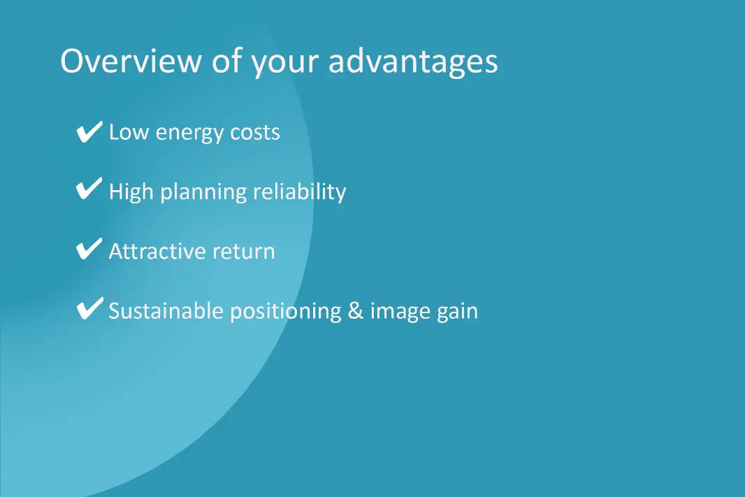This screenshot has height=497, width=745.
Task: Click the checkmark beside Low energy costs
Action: pos(89,131)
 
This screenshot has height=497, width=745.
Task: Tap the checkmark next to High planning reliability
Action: pos(89,189)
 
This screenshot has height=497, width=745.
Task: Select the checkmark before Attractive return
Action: pos(89,249)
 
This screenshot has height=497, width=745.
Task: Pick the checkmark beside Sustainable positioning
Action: pos(89,308)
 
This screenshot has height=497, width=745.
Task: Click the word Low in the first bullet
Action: pos(129,132)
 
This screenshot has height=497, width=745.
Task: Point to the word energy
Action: pos(189,134)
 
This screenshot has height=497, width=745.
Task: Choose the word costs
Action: pos(255,133)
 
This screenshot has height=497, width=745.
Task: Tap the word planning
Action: pos(203,192)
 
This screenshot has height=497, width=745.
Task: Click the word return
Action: pos(244,252)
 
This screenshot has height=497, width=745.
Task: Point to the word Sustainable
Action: pos(166,311)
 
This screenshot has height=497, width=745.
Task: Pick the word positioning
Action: pos(286,312)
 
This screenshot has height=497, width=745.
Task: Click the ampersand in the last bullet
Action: pos(356,311)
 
